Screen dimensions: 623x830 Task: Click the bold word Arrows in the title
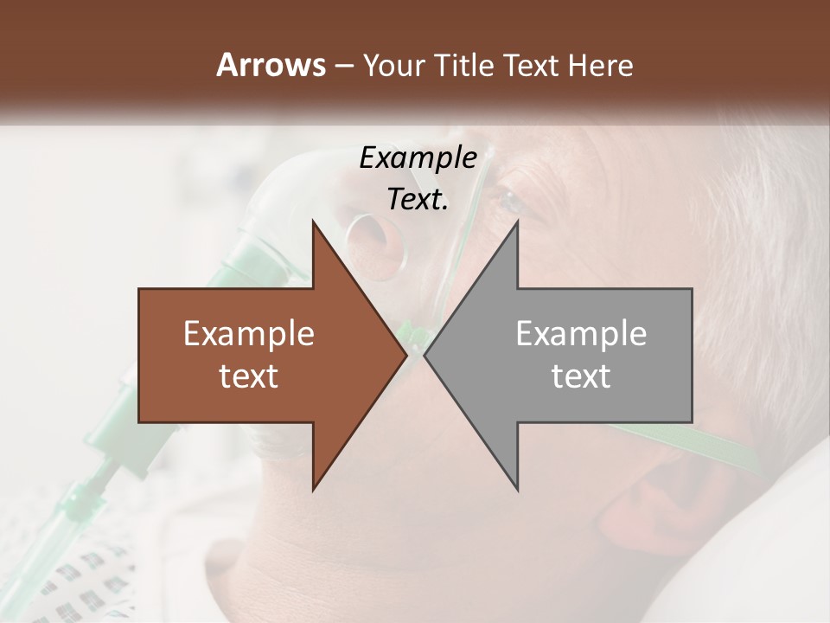click(x=270, y=65)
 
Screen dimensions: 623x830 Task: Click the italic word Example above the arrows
click(x=418, y=158)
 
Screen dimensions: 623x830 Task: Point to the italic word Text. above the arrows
click(x=418, y=200)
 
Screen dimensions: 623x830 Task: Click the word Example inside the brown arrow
click(x=248, y=333)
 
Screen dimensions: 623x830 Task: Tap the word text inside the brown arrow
click(x=248, y=376)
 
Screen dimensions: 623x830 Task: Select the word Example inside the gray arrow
click(x=581, y=333)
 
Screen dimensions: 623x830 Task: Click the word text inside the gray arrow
click(x=581, y=376)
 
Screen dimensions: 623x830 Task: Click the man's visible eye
click(x=510, y=203)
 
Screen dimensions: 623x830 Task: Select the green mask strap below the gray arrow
click(x=726, y=441)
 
